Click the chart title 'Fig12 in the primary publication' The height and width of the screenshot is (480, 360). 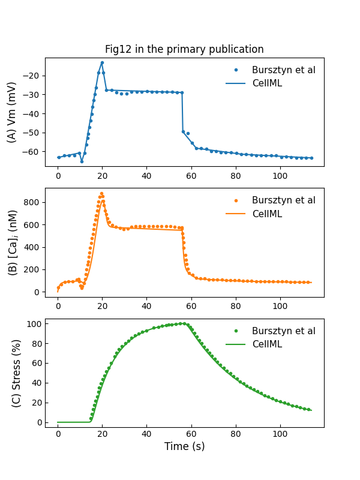pyautogui.click(x=184, y=49)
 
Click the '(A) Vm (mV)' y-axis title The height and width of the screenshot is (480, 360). pyautogui.click(x=12, y=112)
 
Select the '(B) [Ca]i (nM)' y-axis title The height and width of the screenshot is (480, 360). pyautogui.click(x=12, y=243)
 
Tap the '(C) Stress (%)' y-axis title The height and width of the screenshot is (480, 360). pyautogui.click(x=16, y=373)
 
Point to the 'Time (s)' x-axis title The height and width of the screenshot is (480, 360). pyautogui.click(x=184, y=446)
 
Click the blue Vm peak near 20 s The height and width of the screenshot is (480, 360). pyautogui.click(x=102, y=62)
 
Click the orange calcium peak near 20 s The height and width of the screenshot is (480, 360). pyautogui.click(x=102, y=194)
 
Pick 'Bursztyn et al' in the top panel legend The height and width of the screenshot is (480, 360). pyautogui.click(x=283, y=70)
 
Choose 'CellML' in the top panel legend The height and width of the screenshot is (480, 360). pyautogui.click(x=266, y=83)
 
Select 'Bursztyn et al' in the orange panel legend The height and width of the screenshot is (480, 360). pyautogui.click(x=283, y=200)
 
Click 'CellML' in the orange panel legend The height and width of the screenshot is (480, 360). pyautogui.click(x=266, y=214)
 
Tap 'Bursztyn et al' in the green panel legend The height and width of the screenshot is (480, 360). pyautogui.click(x=283, y=331)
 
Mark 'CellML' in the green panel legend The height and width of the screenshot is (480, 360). pyautogui.click(x=266, y=344)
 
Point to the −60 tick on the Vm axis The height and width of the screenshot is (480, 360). pyautogui.click(x=32, y=152)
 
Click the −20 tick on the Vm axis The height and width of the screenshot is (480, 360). pyautogui.click(x=32, y=76)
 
